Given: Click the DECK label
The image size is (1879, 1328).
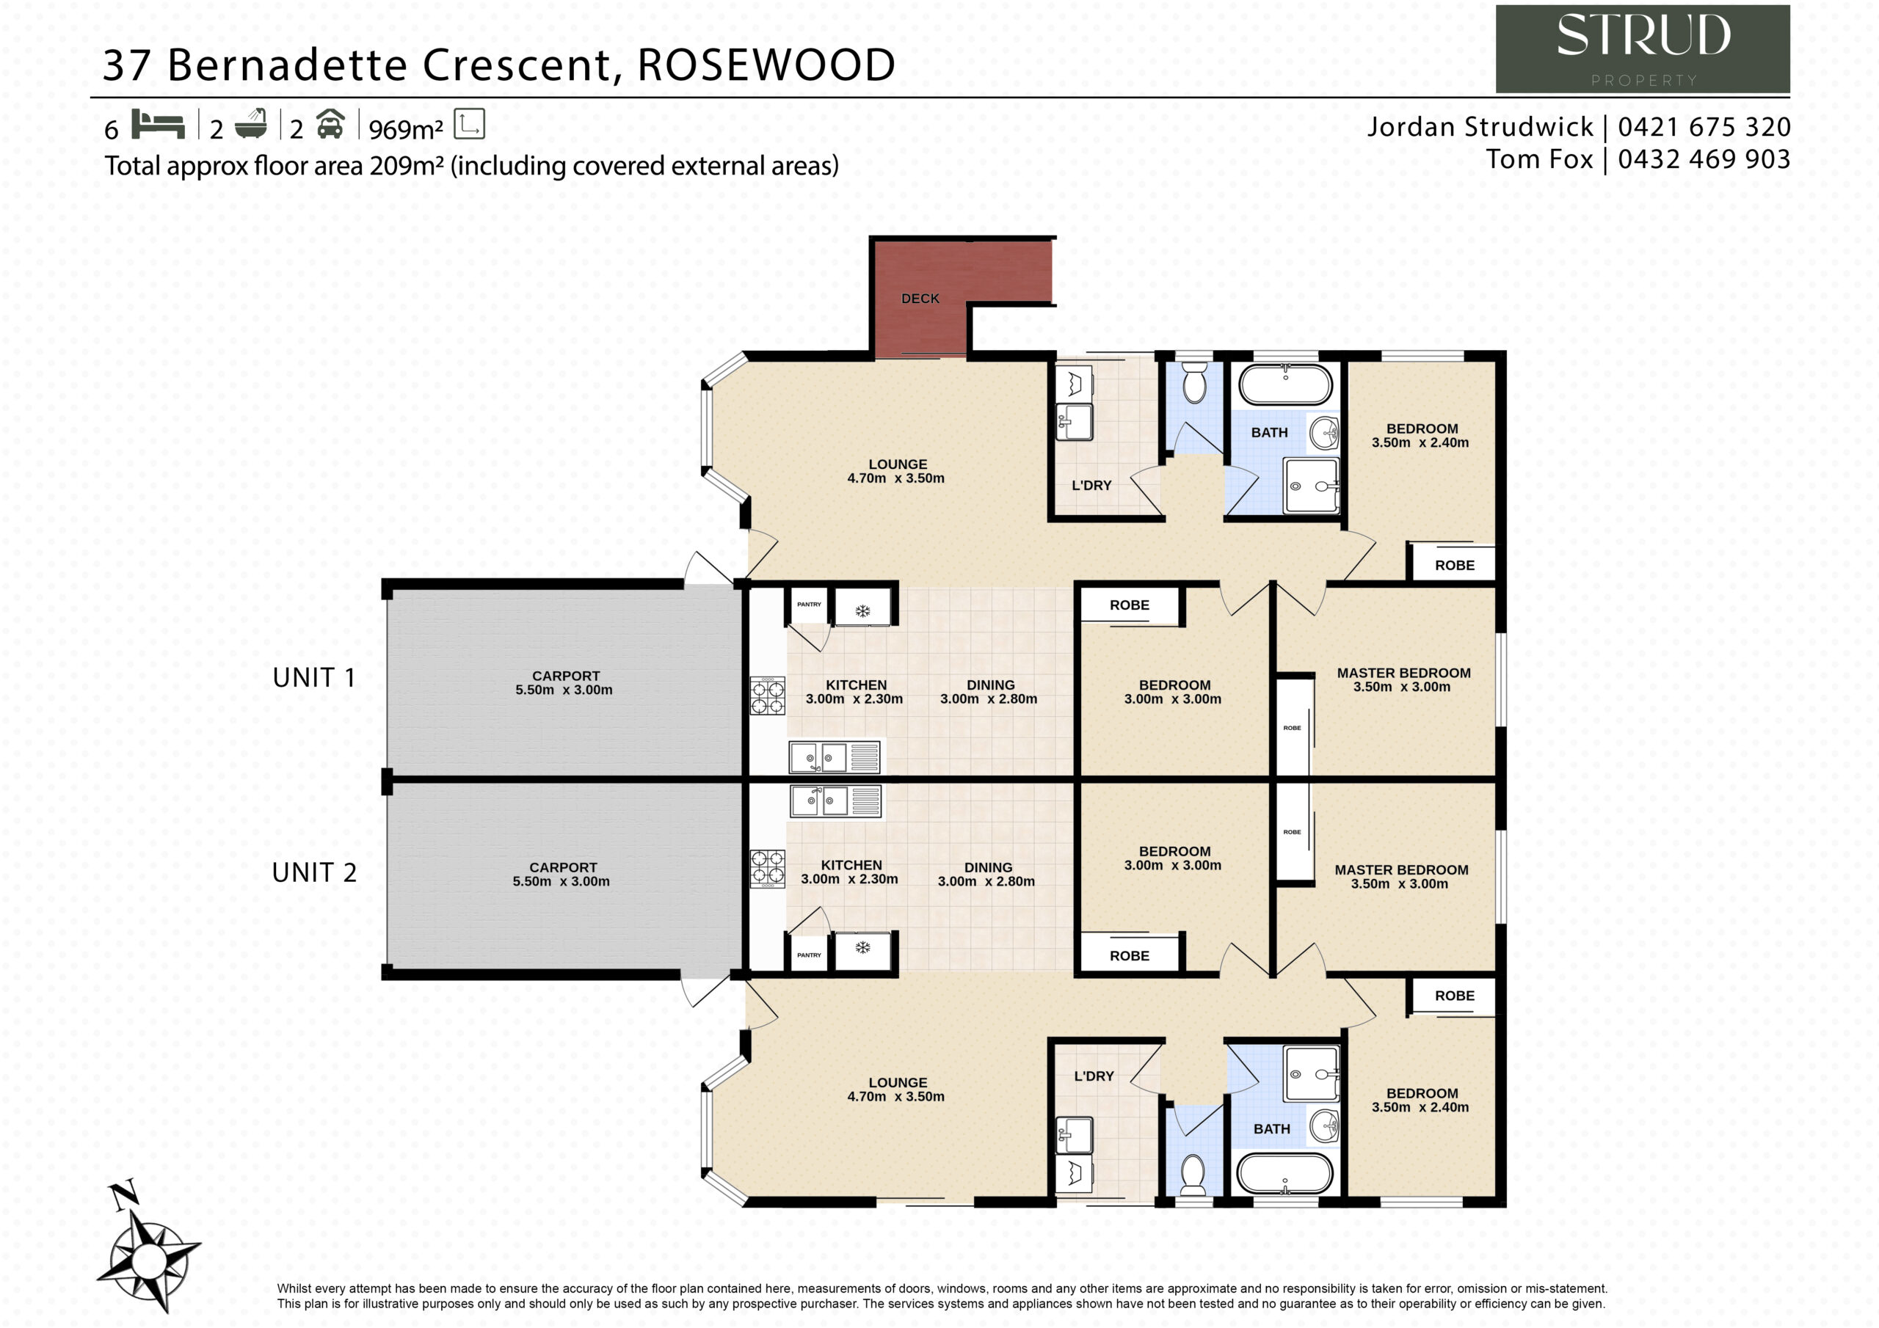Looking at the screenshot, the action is pos(920,299).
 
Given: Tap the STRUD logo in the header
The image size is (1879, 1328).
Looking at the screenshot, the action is pos(1643,49).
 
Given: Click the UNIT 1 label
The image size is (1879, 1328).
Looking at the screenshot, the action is pos(314,677).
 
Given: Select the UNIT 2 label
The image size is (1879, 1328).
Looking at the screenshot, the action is pos(314,872).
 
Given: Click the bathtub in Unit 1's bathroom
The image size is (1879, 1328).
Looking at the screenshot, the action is pos(1286,384).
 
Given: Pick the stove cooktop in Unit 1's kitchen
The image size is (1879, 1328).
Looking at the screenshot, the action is pos(768,696).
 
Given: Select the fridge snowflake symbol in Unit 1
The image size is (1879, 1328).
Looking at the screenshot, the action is pos(862,610).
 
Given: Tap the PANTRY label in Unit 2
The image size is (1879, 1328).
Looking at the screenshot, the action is pos(809,955).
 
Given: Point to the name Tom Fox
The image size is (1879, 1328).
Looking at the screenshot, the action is pos(1539,158).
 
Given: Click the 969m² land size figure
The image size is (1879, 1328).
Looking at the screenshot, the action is pos(406,128).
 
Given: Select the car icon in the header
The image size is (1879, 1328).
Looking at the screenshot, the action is pos(330,123).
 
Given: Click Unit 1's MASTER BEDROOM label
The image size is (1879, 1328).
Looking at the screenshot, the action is pos(1403,673).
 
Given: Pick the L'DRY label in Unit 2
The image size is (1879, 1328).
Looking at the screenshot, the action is pos(1094,1076).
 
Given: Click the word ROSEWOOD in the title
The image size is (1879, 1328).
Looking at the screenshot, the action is pos(766,65).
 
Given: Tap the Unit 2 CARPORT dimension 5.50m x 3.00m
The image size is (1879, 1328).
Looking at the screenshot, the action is pos(561,881).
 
